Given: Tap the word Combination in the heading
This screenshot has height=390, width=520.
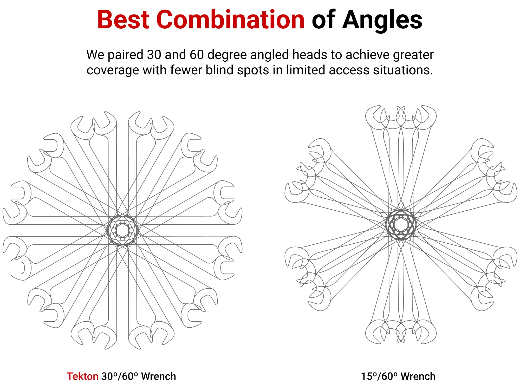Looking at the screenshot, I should pyautogui.click(x=230, y=20).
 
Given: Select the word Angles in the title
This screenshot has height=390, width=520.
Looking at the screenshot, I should pyautogui.click(x=382, y=20).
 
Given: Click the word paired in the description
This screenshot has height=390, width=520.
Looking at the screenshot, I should pyautogui.click(x=126, y=55).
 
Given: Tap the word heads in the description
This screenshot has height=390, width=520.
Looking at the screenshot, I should pyautogui.click(x=310, y=55).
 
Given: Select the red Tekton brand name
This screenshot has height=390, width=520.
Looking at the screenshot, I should pyautogui.click(x=82, y=376).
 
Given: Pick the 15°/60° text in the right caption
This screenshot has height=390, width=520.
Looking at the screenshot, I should pyautogui.click(x=379, y=376).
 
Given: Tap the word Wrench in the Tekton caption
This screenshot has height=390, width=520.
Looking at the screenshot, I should pyautogui.click(x=158, y=376).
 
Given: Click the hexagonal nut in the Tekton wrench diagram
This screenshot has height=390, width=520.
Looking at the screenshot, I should pyautogui.click(x=122, y=230).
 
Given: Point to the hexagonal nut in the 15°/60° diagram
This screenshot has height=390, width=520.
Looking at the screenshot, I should pyautogui.click(x=401, y=224).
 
